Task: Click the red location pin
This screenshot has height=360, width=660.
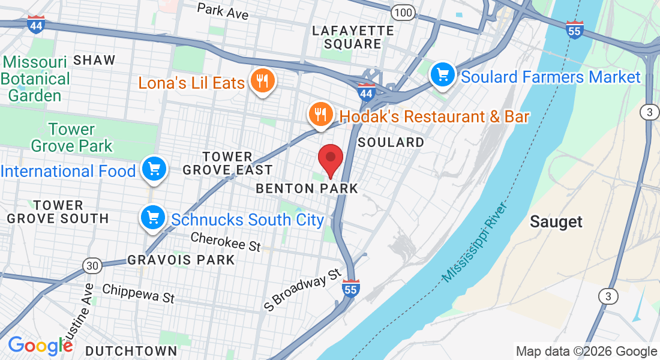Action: click(x=330, y=158)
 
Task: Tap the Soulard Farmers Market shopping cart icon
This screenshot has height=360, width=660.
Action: click(x=443, y=75)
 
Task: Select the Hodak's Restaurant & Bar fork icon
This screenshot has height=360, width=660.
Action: click(x=320, y=113)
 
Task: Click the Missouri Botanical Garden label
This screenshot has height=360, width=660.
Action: click(x=36, y=79)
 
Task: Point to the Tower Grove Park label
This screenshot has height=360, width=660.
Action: click(x=71, y=137)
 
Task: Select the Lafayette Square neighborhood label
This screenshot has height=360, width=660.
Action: click(x=353, y=37)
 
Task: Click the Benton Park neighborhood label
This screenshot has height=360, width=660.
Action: click(x=307, y=188)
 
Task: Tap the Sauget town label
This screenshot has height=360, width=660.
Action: click(x=556, y=222)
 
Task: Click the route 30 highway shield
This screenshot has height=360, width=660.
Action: click(x=92, y=265)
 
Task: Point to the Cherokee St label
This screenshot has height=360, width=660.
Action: click(x=226, y=242)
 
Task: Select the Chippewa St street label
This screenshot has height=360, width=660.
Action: click(x=138, y=293)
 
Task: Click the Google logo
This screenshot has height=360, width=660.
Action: click(x=40, y=346)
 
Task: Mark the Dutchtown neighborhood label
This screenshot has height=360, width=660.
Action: click(x=131, y=351)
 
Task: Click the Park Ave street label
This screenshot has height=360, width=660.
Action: click(x=223, y=11)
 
